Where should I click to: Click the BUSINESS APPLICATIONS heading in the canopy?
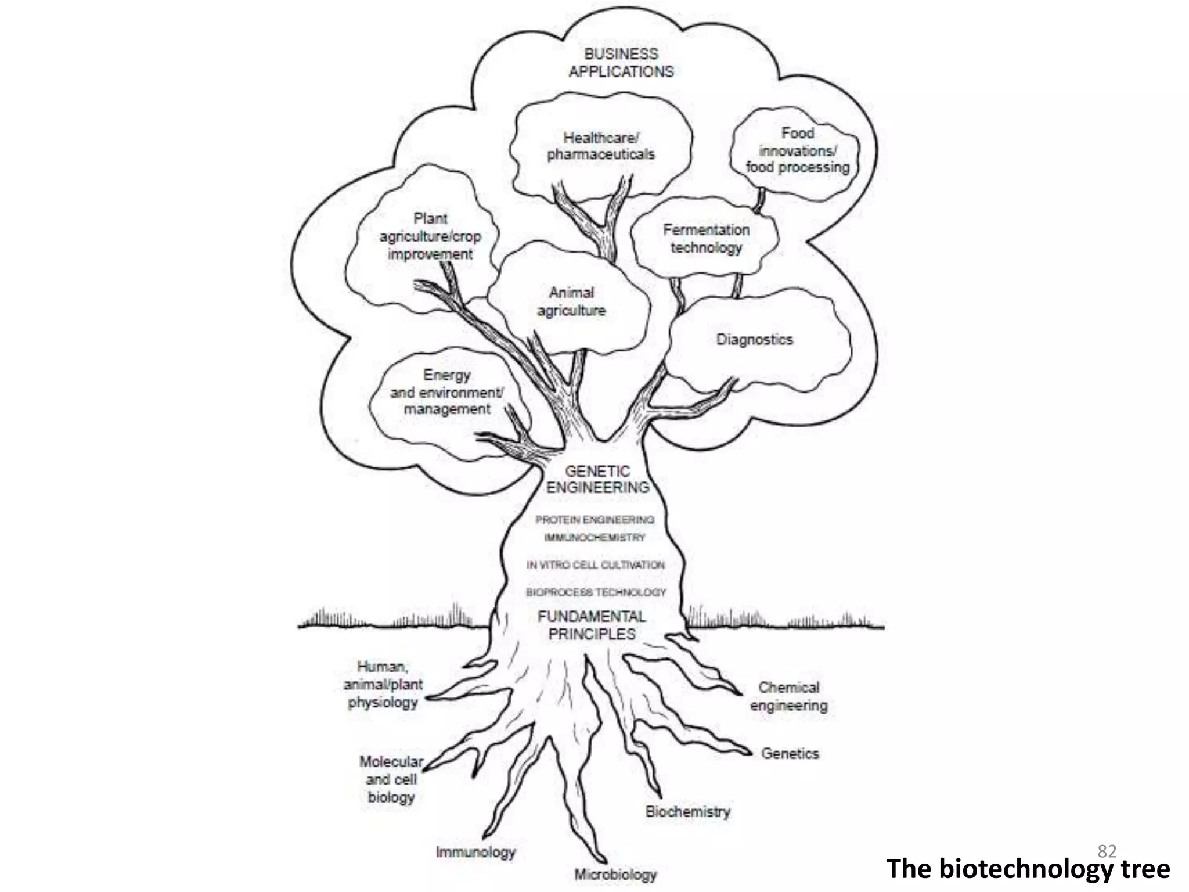(x=621, y=63)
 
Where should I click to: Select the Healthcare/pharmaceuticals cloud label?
(x=601, y=146)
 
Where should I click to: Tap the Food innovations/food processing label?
(x=797, y=150)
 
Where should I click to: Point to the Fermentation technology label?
(x=706, y=239)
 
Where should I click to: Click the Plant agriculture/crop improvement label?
(x=430, y=236)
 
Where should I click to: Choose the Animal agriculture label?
(x=571, y=301)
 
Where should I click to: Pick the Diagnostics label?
(x=754, y=339)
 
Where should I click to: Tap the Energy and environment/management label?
(x=446, y=392)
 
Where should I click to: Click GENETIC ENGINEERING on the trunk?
(x=597, y=479)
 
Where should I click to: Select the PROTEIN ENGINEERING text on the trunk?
(x=594, y=519)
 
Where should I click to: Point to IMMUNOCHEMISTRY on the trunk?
(x=594, y=537)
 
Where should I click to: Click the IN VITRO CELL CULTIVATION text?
(x=596, y=564)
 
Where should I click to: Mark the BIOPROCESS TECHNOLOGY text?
(x=596, y=592)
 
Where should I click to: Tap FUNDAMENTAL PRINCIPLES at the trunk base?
(x=592, y=625)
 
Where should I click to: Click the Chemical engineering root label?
(x=788, y=696)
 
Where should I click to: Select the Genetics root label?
(x=790, y=753)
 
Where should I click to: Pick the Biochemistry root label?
(x=687, y=811)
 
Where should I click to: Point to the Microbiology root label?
(x=615, y=875)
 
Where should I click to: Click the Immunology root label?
(x=475, y=852)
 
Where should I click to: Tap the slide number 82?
(x=1107, y=851)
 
